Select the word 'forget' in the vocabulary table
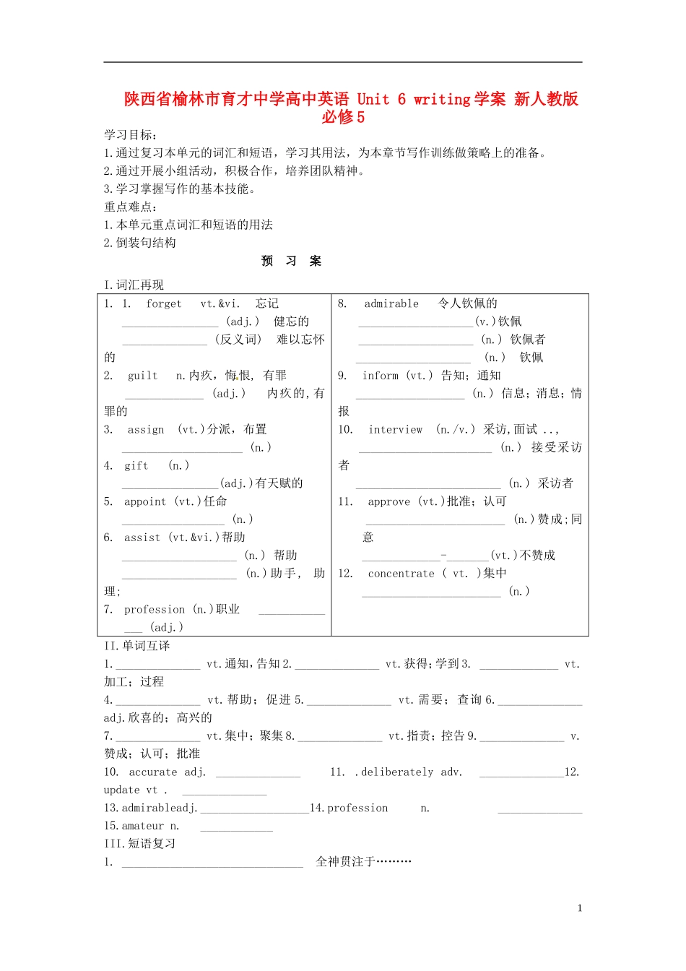[x=164, y=303]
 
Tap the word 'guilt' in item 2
[x=142, y=376]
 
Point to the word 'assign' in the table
[x=146, y=430]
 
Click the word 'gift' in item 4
[x=136, y=466]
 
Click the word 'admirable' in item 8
[x=391, y=303]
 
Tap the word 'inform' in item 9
[x=381, y=376]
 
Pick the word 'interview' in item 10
[x=396, y=430]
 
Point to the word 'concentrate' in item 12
[x=401, y=574]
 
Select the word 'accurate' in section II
[x=153, y=772]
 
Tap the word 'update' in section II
[x=122, y=790]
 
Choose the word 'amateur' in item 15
[x=143, y=826]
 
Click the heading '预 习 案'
[x=291, y=261]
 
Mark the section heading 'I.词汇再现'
[x=134, y=285]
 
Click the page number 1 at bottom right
[x=580, y=908]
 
